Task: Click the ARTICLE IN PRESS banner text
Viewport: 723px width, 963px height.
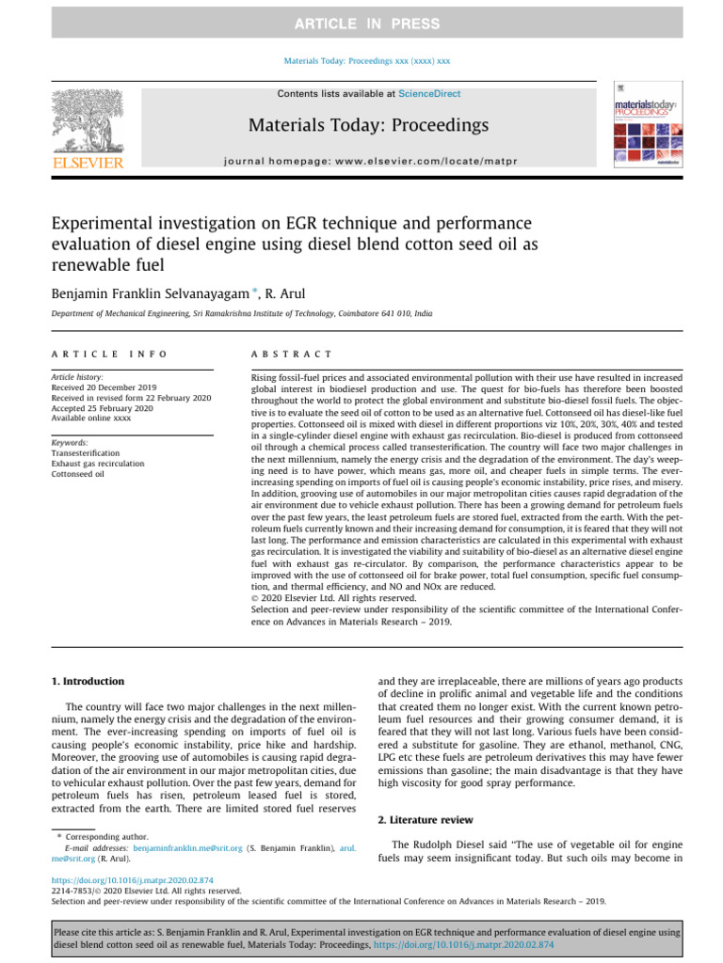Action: coord(361,23)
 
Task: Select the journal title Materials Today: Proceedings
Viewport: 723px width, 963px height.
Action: coord(369,125)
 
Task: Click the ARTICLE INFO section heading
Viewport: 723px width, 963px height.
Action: coord(109,354)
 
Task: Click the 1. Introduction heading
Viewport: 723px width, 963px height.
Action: coord(86,681)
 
